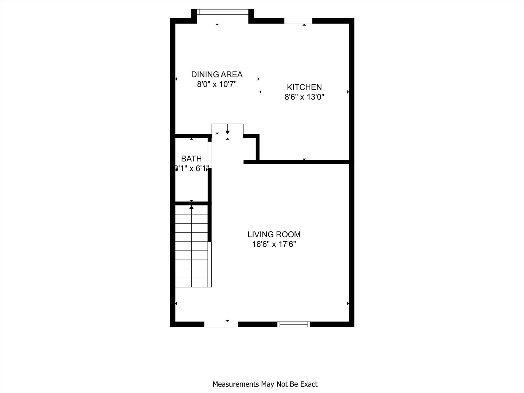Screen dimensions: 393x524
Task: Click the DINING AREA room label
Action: [x=217, y=74]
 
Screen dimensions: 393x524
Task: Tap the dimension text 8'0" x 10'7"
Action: [x=217, y=84]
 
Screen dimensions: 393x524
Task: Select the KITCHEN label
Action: [x=304, y=87]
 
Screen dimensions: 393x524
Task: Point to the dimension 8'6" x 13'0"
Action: [x=304, y=97]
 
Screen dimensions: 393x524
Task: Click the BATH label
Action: [x=191, y=159]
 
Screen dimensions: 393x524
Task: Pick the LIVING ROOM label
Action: [x=274, y=234]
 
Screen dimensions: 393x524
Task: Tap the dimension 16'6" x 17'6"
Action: [x=274, y=244]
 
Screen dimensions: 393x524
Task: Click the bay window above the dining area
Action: [x=222, y=12]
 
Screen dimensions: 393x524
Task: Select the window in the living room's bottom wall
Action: [x=294, y=324]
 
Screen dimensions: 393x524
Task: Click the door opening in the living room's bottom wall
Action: [x=221, y=324]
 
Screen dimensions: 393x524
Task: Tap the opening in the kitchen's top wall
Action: [x=298, y=21]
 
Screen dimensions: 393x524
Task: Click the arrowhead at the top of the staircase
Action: [x=191, y=207]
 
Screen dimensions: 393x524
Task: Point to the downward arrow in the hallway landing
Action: [x=227, y=132]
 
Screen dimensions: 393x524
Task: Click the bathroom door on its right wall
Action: [x=210, y=155]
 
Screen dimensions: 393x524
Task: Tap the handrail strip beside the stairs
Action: [x=210, y=264]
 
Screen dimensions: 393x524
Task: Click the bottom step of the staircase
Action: [x=191, y=282]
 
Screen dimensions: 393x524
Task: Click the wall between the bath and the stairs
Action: [x=191, y=203]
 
